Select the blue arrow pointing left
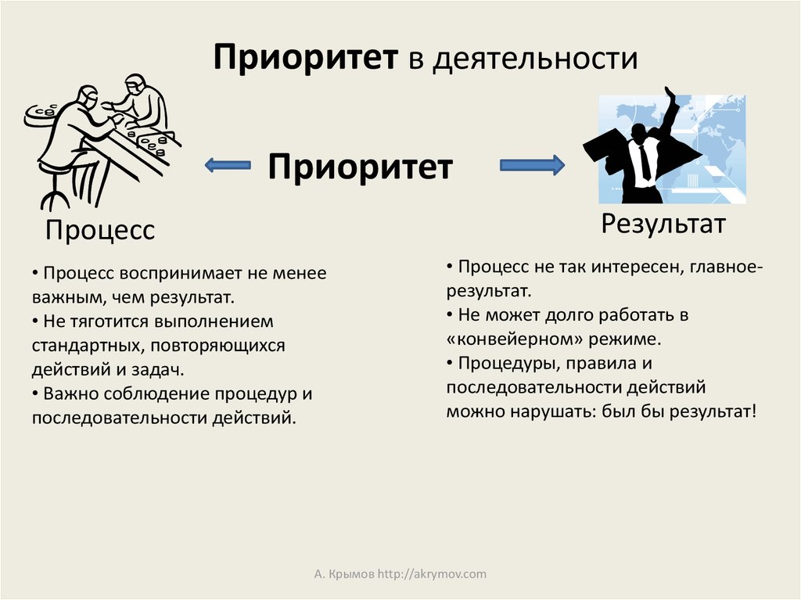pos(227,165)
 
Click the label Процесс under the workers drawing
pos(99,230)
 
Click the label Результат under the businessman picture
pos(663,224)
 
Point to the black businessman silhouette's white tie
pos(644,160)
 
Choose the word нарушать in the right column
pos(539,411)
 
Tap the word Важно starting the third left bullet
pos(69,393)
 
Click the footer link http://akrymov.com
pos(432,574)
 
